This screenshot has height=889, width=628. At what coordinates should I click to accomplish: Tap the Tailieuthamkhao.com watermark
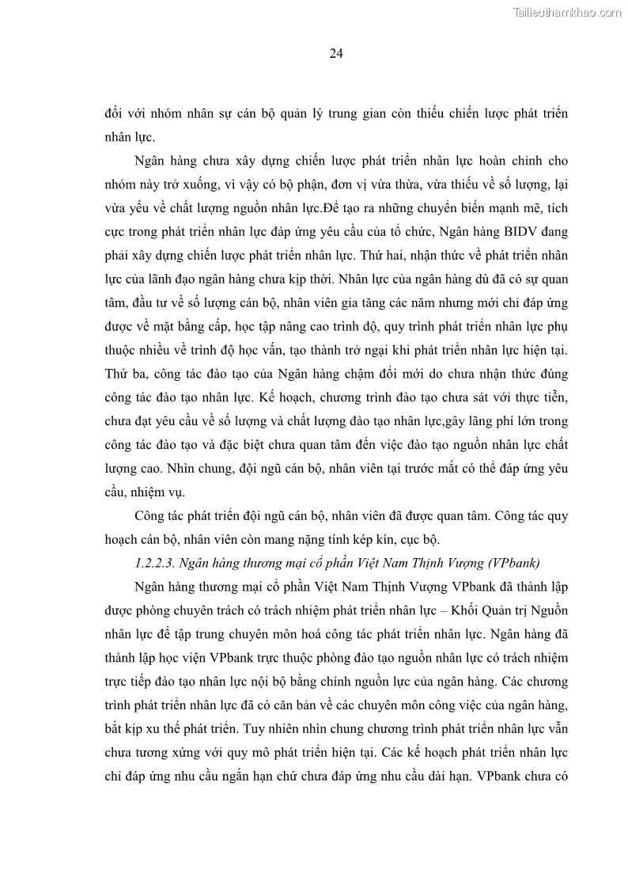click(567, 12)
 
